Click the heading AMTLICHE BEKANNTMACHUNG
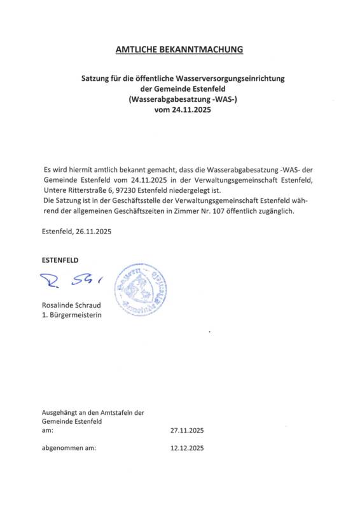[179, 49]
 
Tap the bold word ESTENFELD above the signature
[60, 260]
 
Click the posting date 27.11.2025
[187, 430]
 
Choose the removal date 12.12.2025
[187, 449]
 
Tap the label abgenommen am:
[69, 449]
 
